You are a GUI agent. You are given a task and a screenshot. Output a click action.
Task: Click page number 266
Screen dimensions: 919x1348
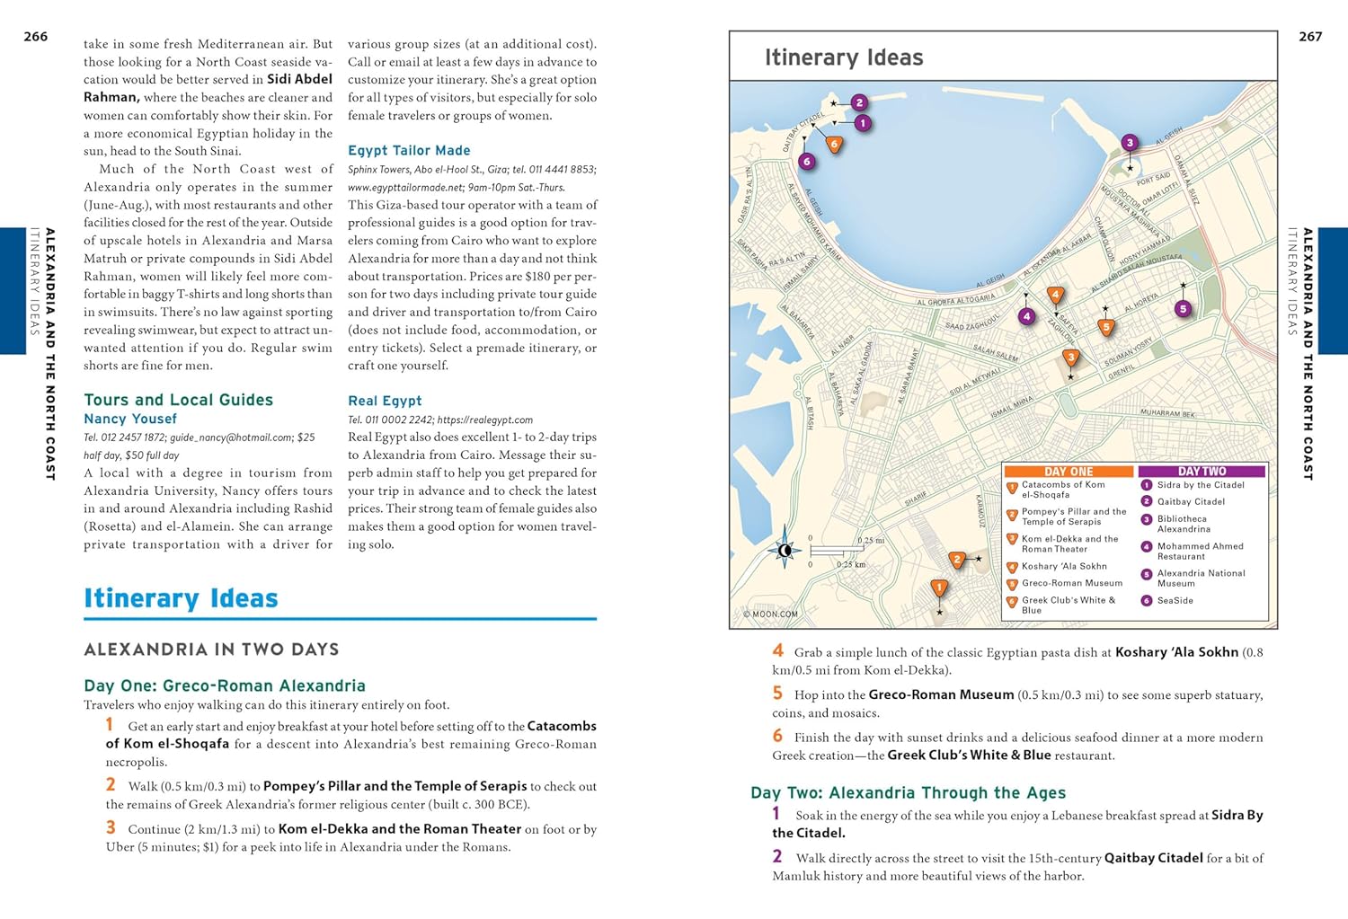35,37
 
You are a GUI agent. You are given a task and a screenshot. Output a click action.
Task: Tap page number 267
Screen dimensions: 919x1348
1310,37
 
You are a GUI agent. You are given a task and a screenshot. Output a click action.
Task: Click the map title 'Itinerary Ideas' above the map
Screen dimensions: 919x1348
843,57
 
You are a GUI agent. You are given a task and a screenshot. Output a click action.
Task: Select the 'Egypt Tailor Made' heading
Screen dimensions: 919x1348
409,151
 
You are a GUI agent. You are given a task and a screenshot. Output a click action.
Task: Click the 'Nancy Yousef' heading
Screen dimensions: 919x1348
130,420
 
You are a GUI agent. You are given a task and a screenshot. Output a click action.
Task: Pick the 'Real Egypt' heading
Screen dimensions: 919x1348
385,402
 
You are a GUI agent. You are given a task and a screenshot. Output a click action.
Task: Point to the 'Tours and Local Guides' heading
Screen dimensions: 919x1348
178,401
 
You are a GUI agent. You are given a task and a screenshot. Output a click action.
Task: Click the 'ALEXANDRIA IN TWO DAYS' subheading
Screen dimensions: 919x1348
211,649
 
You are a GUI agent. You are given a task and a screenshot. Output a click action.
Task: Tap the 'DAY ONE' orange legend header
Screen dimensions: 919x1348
1069,472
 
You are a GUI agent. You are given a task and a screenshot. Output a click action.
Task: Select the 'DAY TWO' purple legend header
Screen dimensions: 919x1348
1202,472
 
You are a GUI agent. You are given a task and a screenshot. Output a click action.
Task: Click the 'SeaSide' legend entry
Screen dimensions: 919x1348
1175,601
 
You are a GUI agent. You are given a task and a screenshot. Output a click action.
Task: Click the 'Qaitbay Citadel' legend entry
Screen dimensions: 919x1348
1191,502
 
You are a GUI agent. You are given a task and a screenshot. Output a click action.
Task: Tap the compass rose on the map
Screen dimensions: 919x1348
785,550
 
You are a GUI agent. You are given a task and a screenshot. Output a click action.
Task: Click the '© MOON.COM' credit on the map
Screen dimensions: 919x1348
770,615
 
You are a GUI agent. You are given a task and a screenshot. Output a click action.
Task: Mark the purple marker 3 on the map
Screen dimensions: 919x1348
1130,142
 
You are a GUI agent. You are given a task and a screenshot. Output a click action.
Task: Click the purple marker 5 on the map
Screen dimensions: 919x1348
1183,309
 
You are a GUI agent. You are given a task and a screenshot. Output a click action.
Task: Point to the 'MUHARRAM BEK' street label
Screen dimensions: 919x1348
1167,414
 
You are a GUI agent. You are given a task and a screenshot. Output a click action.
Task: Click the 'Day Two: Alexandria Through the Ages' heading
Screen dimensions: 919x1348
908,793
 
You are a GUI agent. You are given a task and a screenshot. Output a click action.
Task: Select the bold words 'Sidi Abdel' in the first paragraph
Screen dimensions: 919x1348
299,80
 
